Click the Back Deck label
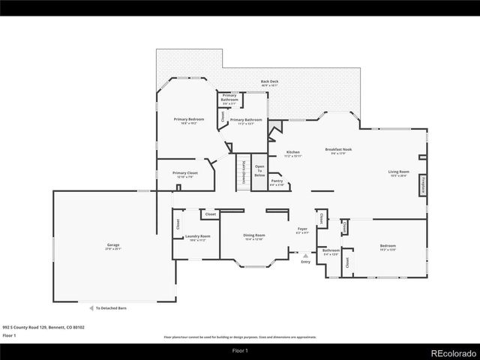[269, 82]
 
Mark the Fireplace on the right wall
[423, 185]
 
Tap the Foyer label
[302, 230]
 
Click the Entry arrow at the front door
[305, 256]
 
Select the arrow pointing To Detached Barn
[88, 307]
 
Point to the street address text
[43, 327]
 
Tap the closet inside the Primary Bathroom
[222, 116]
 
